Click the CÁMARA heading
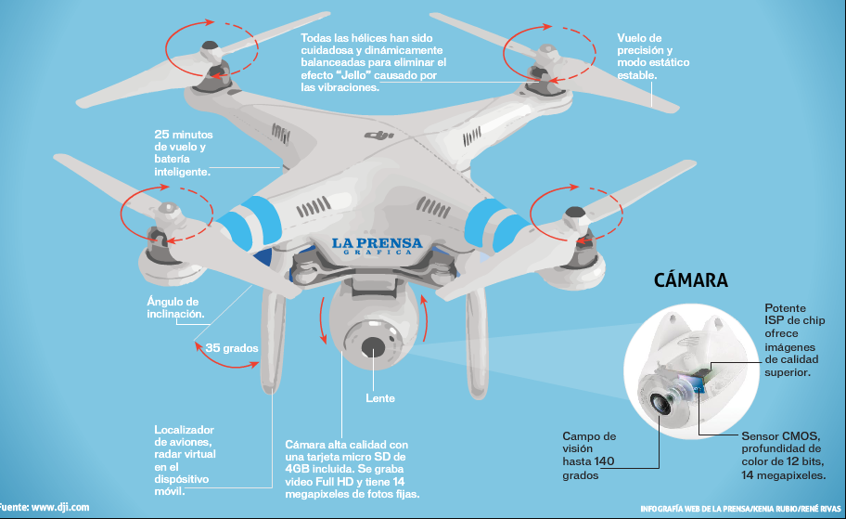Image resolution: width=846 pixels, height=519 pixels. point(690,280)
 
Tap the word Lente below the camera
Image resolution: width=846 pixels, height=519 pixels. point(379,398)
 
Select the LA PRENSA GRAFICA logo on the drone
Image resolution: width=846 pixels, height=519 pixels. point(377,245)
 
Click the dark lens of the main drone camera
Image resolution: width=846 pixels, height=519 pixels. point(373,346)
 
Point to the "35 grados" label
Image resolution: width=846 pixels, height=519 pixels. point(231,348)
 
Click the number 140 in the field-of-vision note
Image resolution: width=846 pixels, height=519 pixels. point(604,461)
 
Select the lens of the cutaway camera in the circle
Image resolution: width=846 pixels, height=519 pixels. point(662,402)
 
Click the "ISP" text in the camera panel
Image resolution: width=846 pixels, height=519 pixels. point(775,321)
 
